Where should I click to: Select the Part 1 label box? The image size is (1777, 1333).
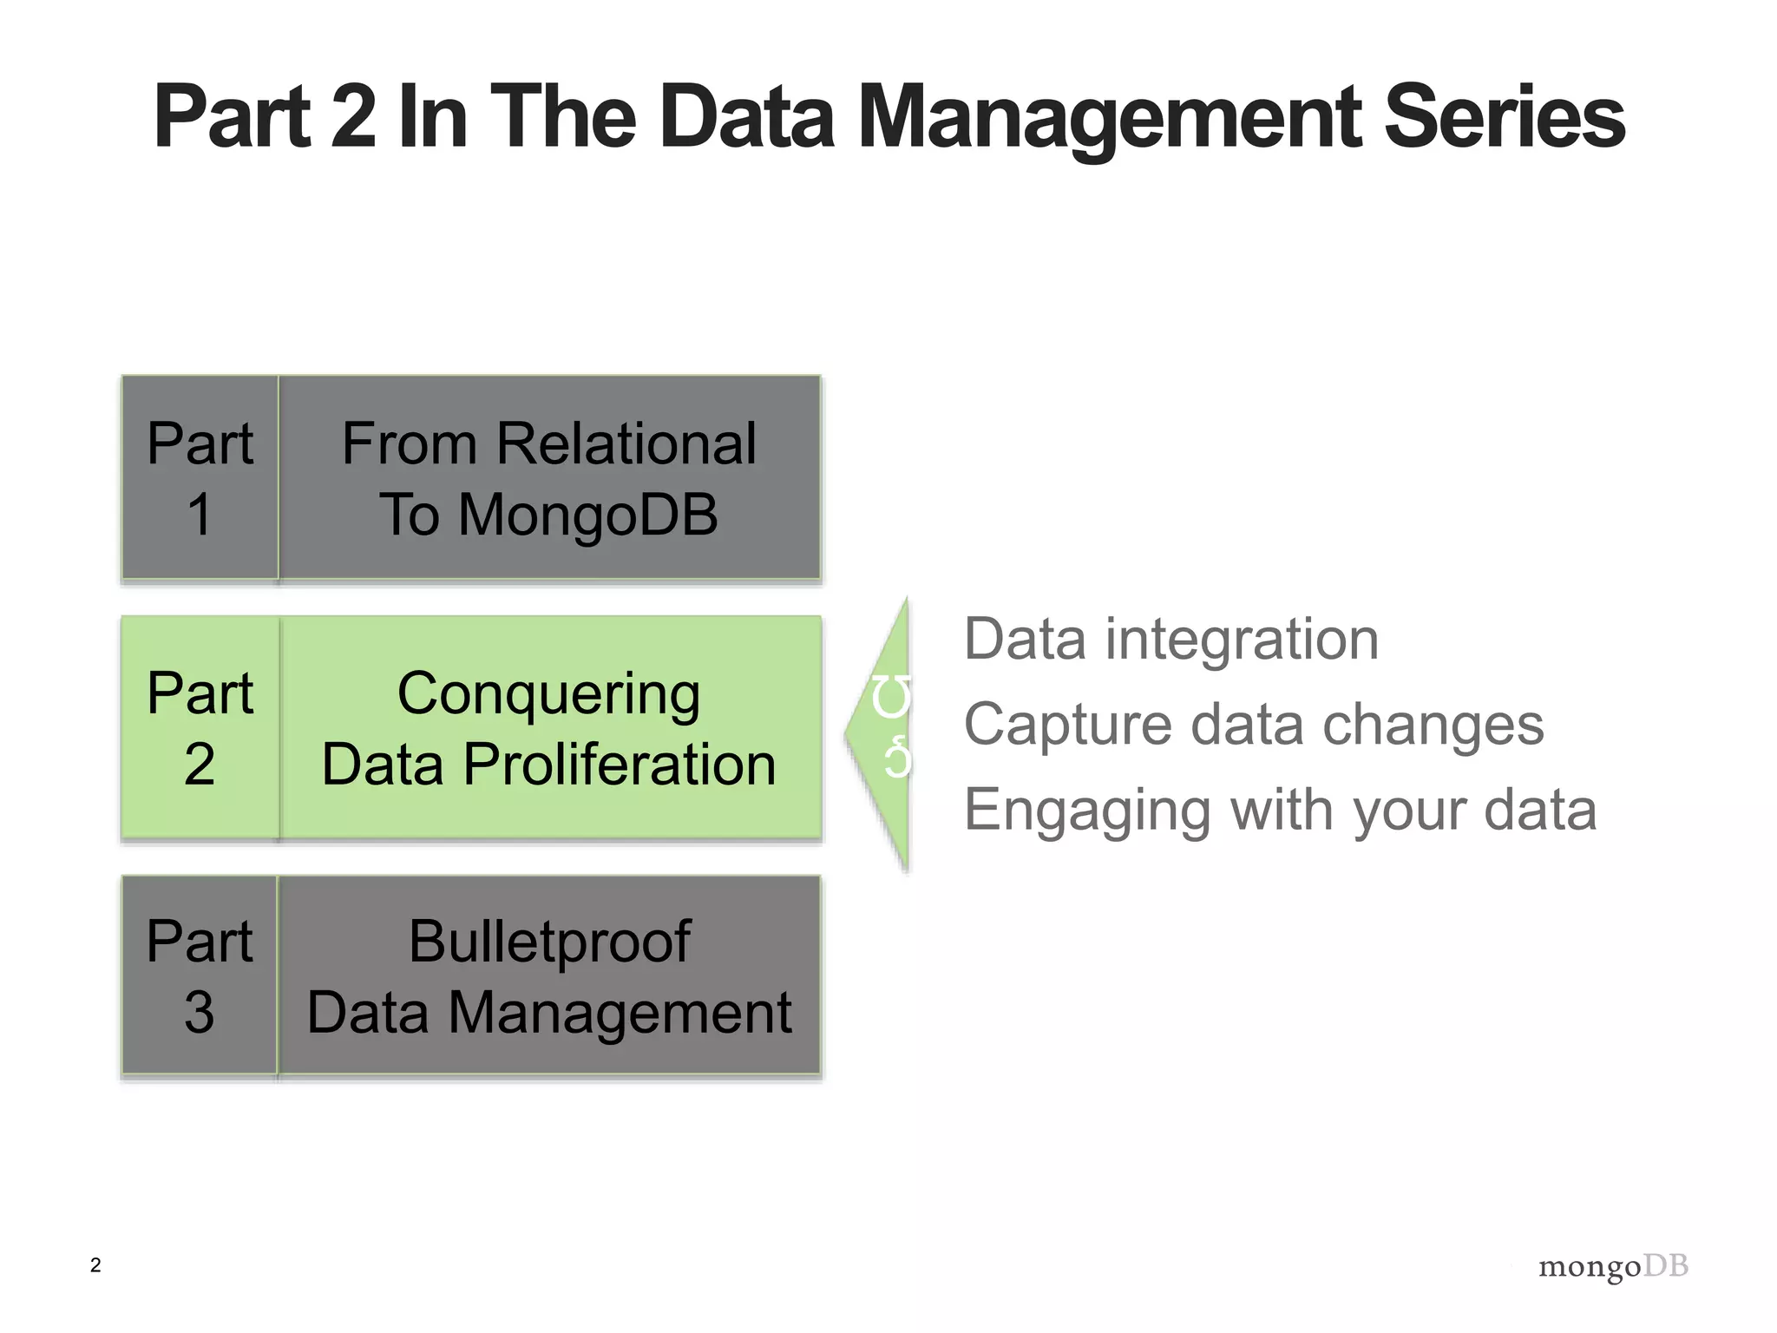pos(200,478)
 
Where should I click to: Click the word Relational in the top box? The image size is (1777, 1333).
pos(626,443)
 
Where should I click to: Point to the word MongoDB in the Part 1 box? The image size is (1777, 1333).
pos(588,515)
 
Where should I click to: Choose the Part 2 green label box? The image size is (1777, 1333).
pos(200,728)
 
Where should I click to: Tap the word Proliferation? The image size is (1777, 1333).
pos(620,765)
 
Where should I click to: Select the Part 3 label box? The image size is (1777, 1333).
pos(200,976)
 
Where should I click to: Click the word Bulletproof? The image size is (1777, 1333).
pos(549,942)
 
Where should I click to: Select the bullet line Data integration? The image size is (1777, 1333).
pos(1170,640)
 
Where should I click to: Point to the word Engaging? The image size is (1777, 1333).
pos(1086,811)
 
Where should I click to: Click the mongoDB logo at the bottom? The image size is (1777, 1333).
pos(1612,1267)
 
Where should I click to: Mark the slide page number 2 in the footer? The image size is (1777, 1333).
pos(95,1265)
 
